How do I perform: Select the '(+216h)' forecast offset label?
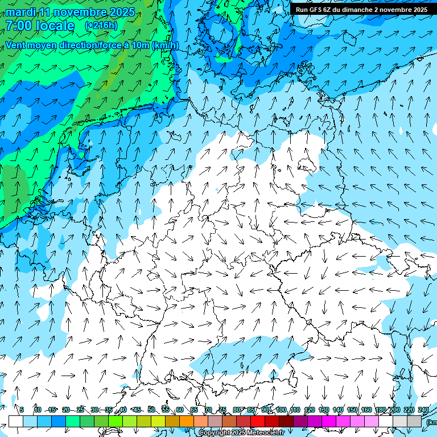coord(101,26)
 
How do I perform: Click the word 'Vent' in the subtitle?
coord(17,45)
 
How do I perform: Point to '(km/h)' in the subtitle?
coord(165,45)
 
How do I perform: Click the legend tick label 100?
coord(281,410)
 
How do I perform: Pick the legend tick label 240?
coord(423,410)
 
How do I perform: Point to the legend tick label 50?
coord(151,410)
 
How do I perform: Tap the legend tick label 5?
coord(22,410)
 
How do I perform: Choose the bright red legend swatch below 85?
coord(258,421)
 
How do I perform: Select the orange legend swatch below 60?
coord(187,421)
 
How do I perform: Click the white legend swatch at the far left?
coord(16,421)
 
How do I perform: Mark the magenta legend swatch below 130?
coord(329,421)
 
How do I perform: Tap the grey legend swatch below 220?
coord(414,421)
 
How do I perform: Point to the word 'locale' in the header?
coord(55,26)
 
